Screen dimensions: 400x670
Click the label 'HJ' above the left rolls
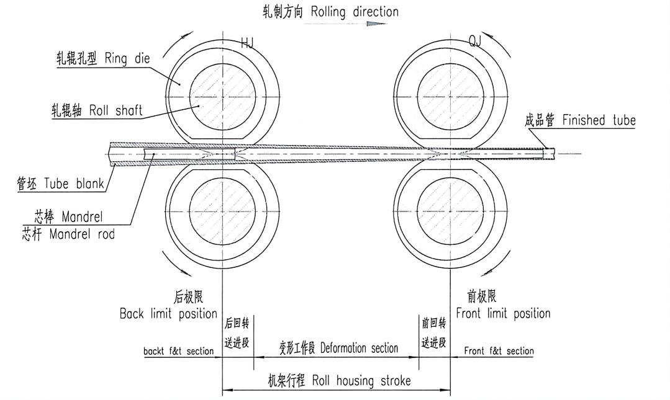click(247, 42)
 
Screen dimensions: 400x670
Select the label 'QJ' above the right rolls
click(475, 42)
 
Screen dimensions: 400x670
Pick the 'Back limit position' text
click(168, 314)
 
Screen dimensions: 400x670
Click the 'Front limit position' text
click(503, 313)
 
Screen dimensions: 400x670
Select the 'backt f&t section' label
click(178, 352)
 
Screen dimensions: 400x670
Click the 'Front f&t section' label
click(499, 351)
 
